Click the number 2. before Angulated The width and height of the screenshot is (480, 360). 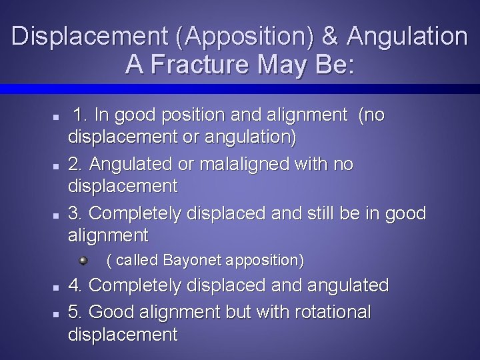pyautogui.click(x=77, y=163)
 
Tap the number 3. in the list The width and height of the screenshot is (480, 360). pyautogui.click(x=77, y=213)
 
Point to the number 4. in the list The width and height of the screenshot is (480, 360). pyautogui.click(x=77, y=286)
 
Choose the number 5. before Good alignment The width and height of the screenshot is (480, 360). pyautogui.click(x=77, y=311)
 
